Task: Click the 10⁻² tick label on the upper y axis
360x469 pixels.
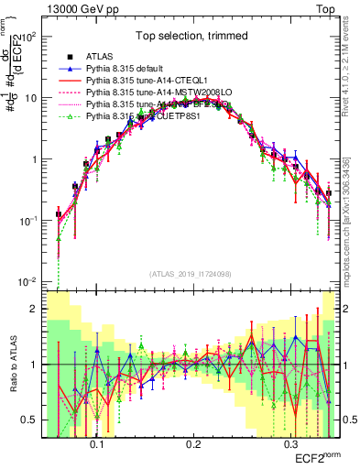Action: tap(29, 281)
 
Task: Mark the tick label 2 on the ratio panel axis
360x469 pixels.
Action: tap(36, 309)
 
